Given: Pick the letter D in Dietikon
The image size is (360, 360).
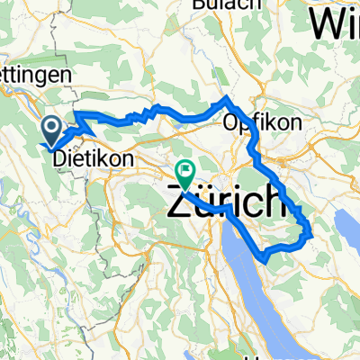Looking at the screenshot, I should (60, 157).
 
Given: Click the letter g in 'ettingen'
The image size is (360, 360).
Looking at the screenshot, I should (49, 80).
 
